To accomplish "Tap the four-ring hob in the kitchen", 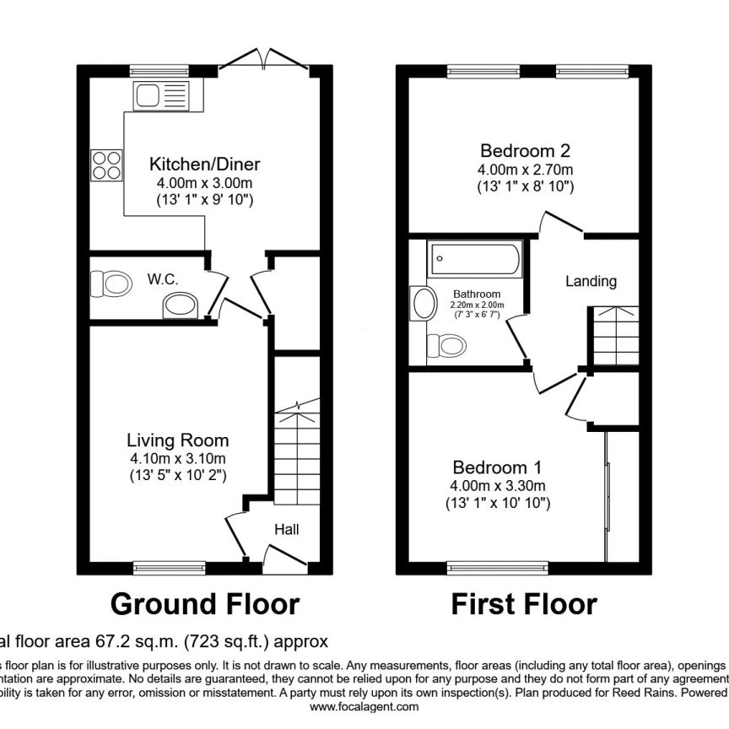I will click(105, 164).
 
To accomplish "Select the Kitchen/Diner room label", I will click(205, 164).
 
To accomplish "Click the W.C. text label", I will click(162, 278).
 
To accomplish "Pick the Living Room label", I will click(177, 440).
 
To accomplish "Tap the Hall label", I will click(286, 529).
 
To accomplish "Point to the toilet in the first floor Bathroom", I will click(446, 345).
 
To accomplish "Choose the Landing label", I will click(591, 281).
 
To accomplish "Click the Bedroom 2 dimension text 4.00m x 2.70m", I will click(525, 170).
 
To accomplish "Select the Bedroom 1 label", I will click(497, 467).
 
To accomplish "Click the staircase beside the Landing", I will click(614, 336).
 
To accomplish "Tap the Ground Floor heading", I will click(205, 604).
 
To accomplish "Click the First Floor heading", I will click(524, 604).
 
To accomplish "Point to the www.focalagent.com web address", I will click(364, 707).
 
